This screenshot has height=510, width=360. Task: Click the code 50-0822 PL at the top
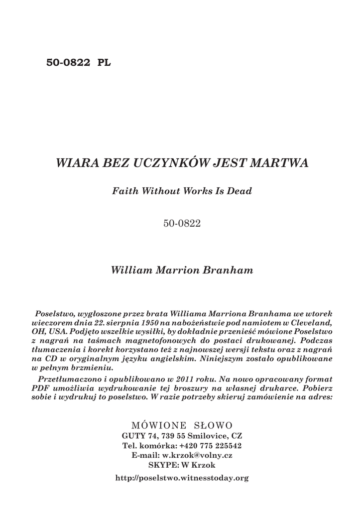click(x=79, y=63)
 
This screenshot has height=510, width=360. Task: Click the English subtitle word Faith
click(x=124, y=191)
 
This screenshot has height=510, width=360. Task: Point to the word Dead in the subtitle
click(x=240, y=191)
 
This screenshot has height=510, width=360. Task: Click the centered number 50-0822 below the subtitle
click(x=182, y=224)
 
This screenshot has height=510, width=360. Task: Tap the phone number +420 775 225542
click(x=210, y=445)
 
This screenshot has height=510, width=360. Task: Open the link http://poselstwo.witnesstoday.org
click(x=182, y=478)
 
